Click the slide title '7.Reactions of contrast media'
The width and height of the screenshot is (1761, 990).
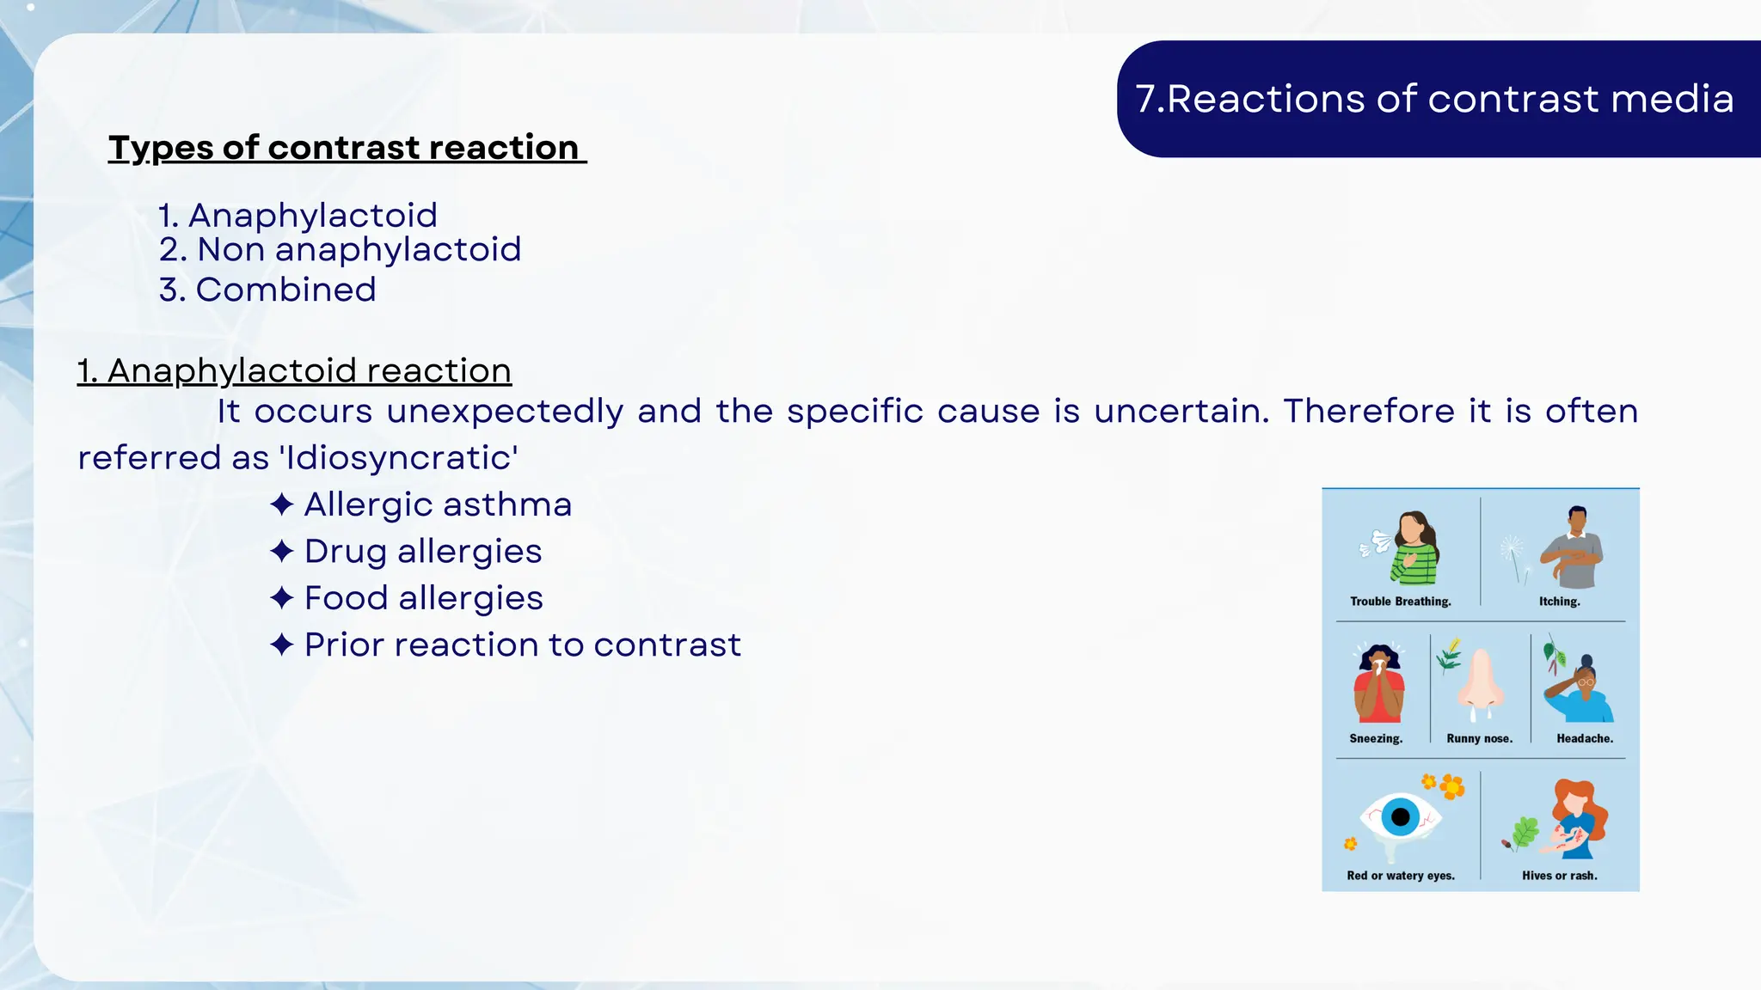(x=1433, y=99)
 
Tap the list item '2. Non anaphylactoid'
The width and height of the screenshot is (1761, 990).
(x=340, y=250)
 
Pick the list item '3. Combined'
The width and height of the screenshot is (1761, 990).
(x=267, y=290)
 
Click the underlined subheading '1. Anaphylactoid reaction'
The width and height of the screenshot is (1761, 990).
(x=294, y=371)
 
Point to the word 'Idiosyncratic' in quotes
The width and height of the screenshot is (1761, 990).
(x=399, y=458)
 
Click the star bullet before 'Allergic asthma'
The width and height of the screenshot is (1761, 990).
(x=282, y=504)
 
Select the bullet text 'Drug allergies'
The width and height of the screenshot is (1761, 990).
(x=423, y=552)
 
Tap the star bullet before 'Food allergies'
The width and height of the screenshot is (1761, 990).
(x=282, y=598)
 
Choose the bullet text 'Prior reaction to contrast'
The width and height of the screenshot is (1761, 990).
(x=522, y=645)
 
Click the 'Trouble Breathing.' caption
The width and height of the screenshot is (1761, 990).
(x=1400, y=602)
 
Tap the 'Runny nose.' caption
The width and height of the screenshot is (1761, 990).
(x=1479, y=738)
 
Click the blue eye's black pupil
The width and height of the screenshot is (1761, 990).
(x=1400, y=816)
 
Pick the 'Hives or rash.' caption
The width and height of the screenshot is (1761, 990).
(x=1559, y=876)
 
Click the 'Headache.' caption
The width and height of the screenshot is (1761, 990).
(x=1584, y=738)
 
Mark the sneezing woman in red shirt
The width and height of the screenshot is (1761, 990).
(x=1378, y=684)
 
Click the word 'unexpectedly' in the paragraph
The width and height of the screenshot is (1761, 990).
(x=505, y=412)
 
